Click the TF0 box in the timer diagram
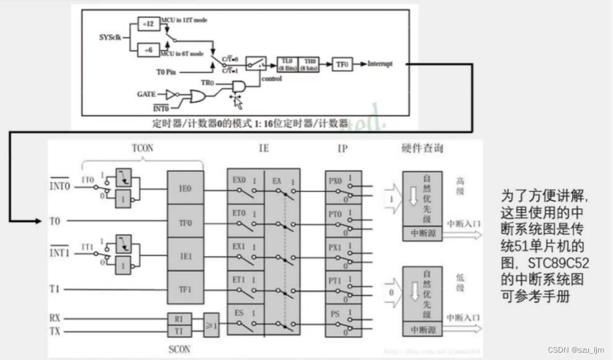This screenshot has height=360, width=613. [x=342, y=64]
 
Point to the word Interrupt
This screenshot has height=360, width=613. [x=380, y=64]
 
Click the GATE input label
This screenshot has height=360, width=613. [x=146, y=94]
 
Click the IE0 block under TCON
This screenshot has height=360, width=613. [x=185, y=188]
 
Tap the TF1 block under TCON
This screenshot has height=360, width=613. [x=185, y=289]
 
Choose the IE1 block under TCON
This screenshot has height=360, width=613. [x=185, y=255]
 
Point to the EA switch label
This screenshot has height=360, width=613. [x=277, y=180]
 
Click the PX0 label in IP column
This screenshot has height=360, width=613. [x=335, y=182]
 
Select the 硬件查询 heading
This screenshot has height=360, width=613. [x=422, y=149]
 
